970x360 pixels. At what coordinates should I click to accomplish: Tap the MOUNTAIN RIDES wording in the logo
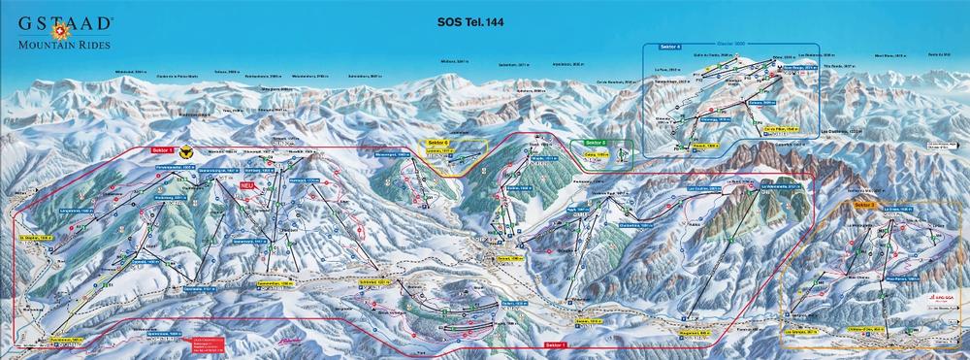click(x=61, y=44)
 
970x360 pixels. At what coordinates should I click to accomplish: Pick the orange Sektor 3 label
click(x=865, y=205)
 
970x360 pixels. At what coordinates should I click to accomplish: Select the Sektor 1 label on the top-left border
click(x=162, y=150)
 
